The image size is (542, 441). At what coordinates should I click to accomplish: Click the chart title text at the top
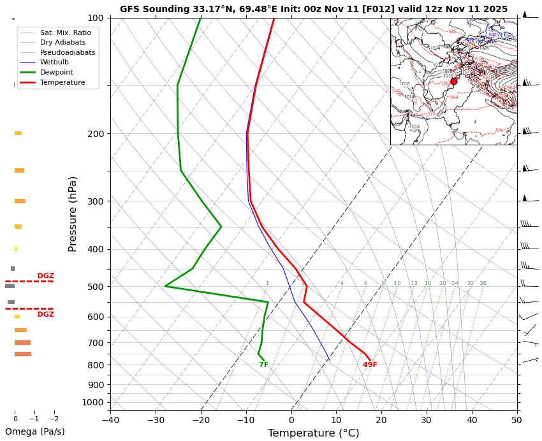(314, 9)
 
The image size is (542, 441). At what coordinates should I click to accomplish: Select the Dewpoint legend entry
(57, 73)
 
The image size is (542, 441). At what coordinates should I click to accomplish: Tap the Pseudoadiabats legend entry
(67, 52)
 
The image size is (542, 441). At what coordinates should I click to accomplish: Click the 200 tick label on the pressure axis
(95, 134)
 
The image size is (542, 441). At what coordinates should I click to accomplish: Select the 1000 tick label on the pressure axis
(92, 402)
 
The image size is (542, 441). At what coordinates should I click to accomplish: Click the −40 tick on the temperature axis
(110, 420)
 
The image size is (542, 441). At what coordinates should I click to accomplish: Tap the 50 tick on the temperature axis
(516, 420)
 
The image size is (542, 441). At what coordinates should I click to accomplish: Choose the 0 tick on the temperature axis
(291, 420)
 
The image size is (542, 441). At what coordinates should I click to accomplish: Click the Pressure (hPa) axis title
(73, 213)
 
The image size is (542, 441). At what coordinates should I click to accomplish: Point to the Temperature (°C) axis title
(313, 433)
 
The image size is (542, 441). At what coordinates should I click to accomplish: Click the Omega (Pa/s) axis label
(35, 431)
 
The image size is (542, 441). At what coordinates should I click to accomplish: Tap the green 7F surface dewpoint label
(263, 365)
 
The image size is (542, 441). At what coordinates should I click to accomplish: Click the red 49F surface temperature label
(370, 365)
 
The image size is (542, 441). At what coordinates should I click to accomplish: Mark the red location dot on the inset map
(453, 82)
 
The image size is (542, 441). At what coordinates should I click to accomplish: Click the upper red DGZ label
(45, 276)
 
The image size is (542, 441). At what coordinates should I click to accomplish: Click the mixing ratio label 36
(483, 284)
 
